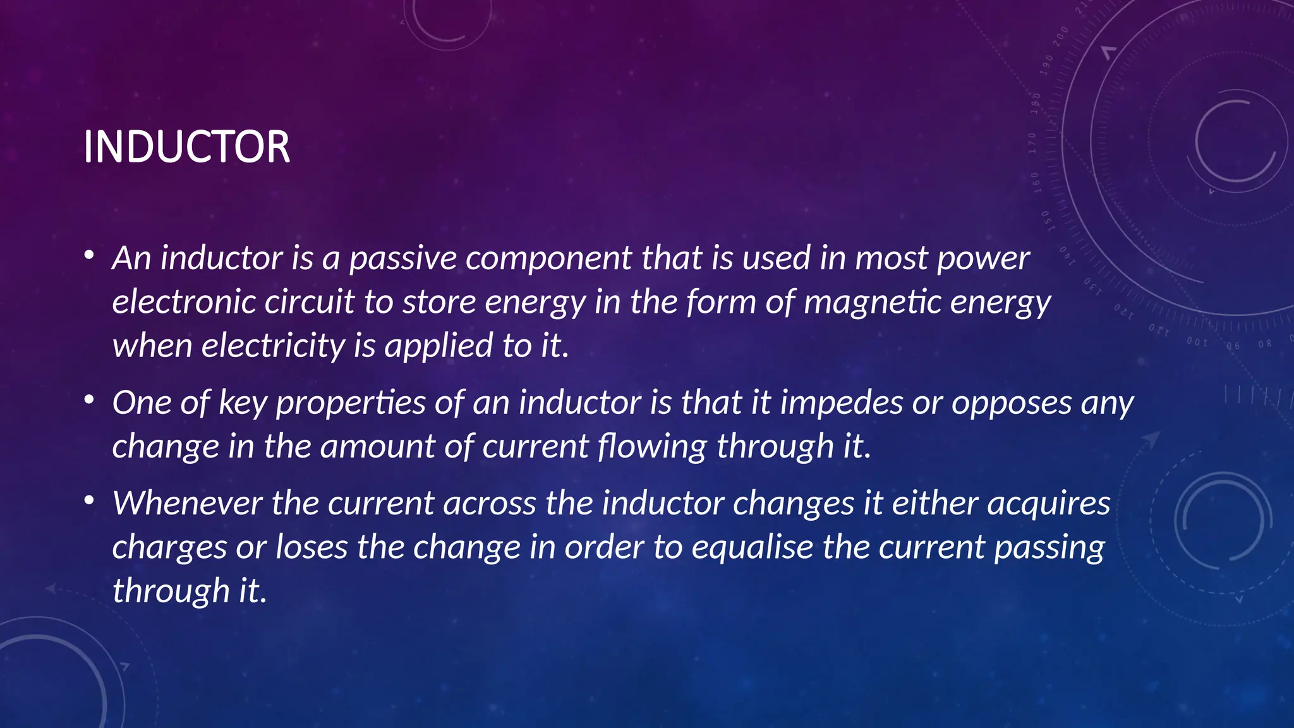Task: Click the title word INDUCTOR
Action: click(186, 147)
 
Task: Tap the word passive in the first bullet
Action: click(402, 258)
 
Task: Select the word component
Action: click(548, 258)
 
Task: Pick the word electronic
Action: click(183, 302)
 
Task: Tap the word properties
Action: click(351, 403)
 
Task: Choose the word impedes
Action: click(841, 403)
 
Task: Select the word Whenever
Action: click(187, 504)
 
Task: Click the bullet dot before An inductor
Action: click(89, 256)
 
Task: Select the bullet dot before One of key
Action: click(89, 401)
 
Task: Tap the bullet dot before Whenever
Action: click(89, 501)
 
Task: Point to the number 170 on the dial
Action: click(1032, 143)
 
